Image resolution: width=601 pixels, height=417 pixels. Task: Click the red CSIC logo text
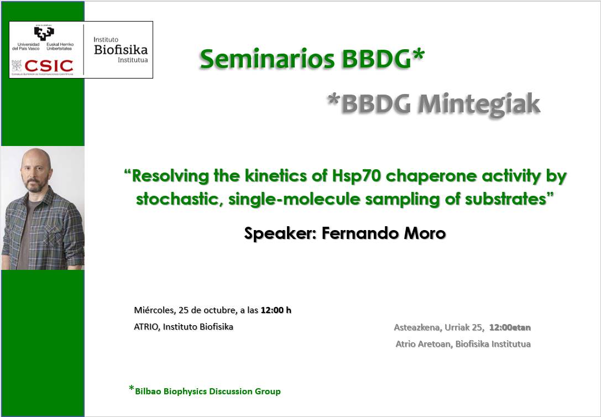click(49, 66)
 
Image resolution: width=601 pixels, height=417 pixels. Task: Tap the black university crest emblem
click(44, 34)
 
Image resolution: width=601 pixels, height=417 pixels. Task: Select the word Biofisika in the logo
click(121, 50)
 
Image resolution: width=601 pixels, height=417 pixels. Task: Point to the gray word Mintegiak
click(479, 104)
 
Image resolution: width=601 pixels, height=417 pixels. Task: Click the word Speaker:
click(280, 233)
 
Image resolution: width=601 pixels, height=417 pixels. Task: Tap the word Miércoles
click(154, 310)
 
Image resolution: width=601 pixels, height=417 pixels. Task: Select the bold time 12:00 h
click(276, 310)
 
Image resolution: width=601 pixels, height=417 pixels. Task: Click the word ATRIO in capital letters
click(147, 327)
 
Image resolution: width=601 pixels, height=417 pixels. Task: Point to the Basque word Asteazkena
click(418, 328)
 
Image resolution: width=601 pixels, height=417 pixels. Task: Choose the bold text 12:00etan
click(510, 327)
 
